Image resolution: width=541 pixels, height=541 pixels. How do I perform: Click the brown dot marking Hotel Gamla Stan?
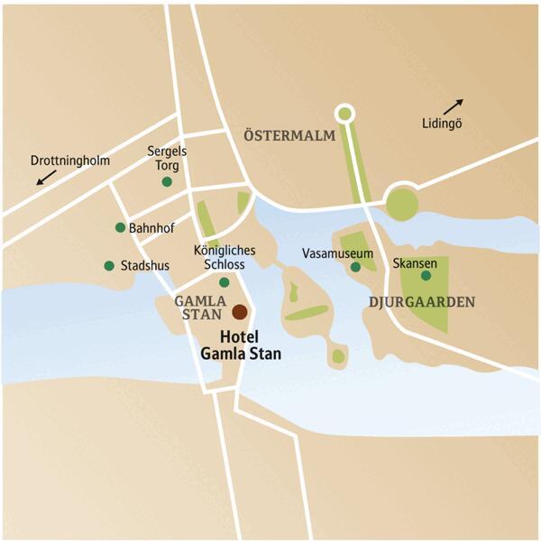(239, 312)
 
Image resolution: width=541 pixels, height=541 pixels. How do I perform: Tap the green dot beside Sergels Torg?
(167, 182)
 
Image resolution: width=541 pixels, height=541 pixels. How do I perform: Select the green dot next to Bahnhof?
(120, 227)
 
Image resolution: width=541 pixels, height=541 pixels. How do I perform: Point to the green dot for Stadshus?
(109, 266)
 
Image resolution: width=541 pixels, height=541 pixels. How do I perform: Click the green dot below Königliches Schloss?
(225, 282)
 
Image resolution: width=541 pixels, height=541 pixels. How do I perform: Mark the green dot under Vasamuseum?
(356, 267)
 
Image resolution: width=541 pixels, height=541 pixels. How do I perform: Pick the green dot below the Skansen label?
(426, 275)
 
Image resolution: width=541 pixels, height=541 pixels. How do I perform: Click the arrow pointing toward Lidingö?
(454, 106)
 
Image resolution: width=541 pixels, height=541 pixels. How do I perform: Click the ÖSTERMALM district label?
(289, 136)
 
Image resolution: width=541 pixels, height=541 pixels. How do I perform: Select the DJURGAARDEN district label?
(421, 300)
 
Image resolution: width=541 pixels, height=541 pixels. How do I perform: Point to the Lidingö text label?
(442, 124)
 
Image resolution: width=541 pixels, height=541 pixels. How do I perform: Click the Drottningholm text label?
(69, 161)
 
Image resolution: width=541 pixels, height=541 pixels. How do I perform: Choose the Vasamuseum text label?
(337, 252)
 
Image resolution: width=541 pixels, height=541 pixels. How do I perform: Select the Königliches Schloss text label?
(225, 257)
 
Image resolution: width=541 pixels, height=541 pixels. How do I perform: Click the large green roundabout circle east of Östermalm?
(402, 204)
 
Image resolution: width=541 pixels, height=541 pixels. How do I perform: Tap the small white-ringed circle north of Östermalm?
(343, 114)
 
